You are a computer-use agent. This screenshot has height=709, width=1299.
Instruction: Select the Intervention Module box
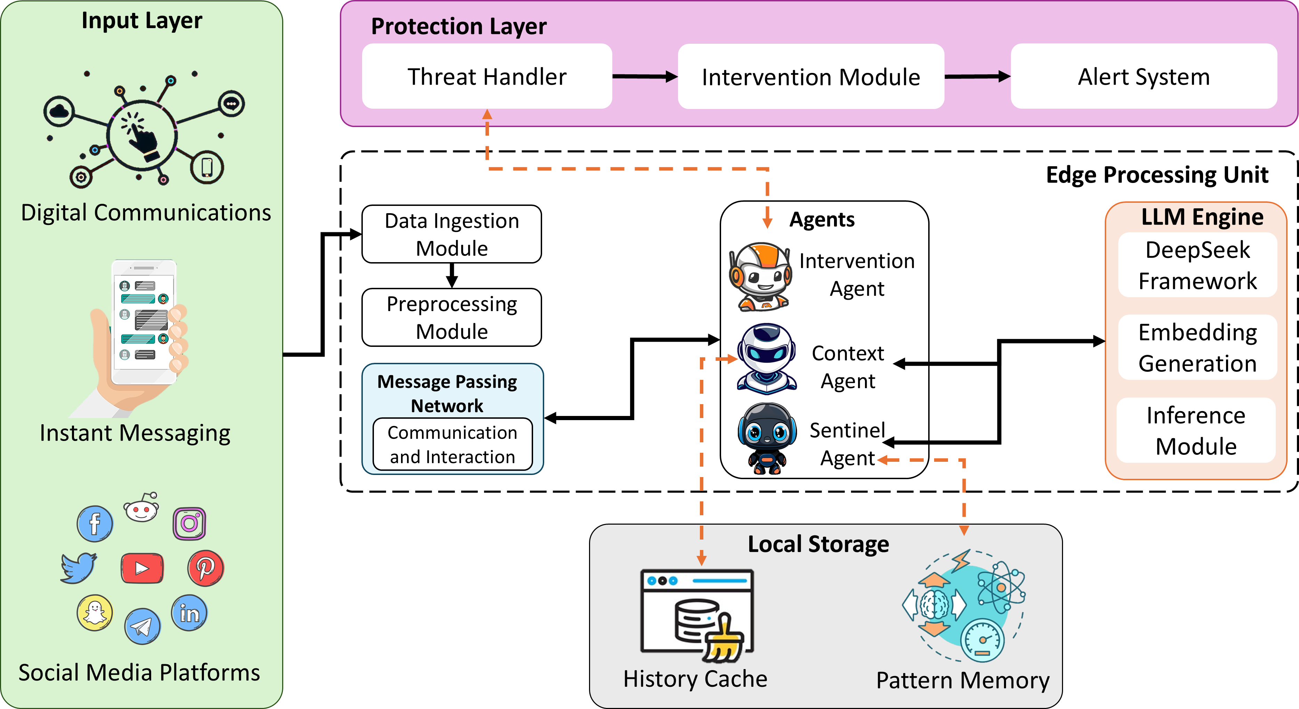click(810, 77)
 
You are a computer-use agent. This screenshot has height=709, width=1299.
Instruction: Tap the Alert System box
click(1143, 77)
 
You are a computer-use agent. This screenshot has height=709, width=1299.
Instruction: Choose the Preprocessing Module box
click(451, 317)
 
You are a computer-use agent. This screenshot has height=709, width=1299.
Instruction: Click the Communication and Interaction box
click(452, 444)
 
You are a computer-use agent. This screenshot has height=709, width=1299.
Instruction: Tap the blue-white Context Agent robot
click(767, 358)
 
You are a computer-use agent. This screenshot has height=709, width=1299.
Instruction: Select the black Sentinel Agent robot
click(767, 438)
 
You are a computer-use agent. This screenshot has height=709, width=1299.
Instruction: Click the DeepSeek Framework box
click(1197, 265)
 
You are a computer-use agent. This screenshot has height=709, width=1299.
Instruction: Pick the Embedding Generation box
click(1197, 348)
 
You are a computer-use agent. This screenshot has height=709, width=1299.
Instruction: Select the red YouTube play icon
click(142, 568)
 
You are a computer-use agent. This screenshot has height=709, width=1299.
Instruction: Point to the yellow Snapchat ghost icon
click(95, 612)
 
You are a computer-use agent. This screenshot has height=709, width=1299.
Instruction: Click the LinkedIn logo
click(189, 613)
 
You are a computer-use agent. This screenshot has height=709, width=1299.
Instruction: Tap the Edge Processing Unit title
click(1157, 175)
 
